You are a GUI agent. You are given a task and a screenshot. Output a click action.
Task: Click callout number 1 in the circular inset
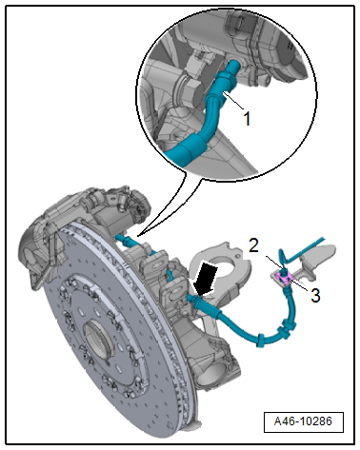click(x=247, y=119)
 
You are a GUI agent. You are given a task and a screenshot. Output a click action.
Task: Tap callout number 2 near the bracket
click(x=253, y=245)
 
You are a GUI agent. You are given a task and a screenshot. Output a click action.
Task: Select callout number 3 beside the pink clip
click(x=315, y=296)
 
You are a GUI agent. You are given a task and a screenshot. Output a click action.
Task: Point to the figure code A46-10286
click(x=303, y=421)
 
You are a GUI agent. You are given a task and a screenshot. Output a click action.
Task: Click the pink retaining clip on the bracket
click(x=284, y=279)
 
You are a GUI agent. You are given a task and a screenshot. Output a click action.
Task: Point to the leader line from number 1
click(x=233, y=100)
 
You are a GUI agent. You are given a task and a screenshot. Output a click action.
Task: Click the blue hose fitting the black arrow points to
click(x=198, y=301)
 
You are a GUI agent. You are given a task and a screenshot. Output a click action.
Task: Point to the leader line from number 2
click(x=273, y=263)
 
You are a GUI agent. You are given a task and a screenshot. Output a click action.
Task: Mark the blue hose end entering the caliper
click(x=122, y=238)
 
